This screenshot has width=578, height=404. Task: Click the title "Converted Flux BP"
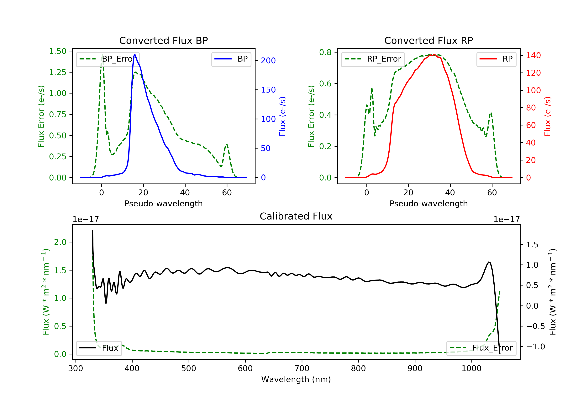(163, 40)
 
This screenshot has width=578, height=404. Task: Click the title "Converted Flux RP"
(428, 40)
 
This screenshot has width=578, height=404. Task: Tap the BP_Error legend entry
(108, 59)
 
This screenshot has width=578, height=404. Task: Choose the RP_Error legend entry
(373, 59)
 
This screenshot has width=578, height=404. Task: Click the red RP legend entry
(496, 59)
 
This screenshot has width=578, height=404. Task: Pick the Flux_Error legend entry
(481, 348)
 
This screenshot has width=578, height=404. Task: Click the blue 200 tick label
(268, 61)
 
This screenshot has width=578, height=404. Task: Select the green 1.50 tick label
(58, 51)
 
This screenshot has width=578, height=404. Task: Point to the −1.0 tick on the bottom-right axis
(535, 347)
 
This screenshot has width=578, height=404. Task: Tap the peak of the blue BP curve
(135, 55)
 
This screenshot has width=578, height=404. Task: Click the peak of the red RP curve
(434, 55)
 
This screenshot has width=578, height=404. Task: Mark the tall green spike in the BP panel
(102, 55)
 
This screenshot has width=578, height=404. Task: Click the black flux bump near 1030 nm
(489, 262)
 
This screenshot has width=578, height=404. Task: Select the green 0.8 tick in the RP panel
(325, 52)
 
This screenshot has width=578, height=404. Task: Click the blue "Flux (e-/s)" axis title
(282, 116)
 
